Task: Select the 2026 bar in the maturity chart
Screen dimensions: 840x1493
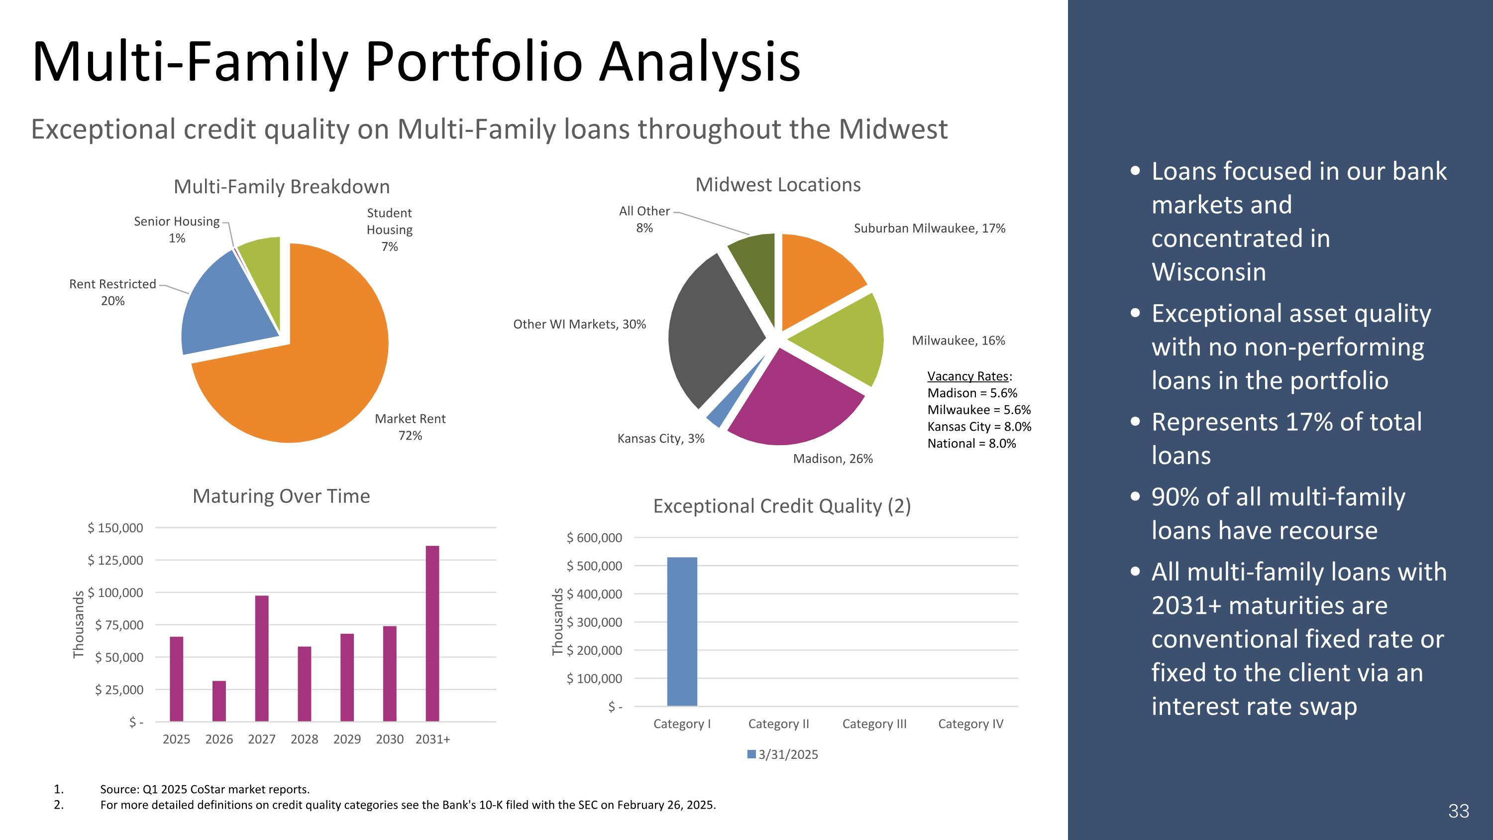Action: pyautogui.click(x=219, y=701)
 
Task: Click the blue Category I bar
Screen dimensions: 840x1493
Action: pyautogui.click(x=682, y=631)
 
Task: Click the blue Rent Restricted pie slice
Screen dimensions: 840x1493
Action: pyautogui.click(x=226, y=304)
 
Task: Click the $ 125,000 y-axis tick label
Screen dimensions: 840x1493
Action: pyautogui.click(x=115, y=560)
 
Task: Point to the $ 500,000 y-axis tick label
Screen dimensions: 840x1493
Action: pyautogui.click(x=594, y=566)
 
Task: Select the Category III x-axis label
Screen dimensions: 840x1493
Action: pyautogui.click(x=874, y=723)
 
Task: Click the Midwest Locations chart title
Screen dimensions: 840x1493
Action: pyautogui.click(x=778, y=184)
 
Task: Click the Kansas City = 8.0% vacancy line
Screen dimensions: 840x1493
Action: pyautogui.click(x=979, y=426)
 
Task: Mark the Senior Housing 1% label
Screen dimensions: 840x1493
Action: pyautogui.click(x=177, y=230)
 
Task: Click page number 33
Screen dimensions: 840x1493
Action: pyautogui.click(x=1458, y=811)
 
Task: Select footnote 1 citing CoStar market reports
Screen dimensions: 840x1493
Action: pyautogui.click(x=205, y=789)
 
